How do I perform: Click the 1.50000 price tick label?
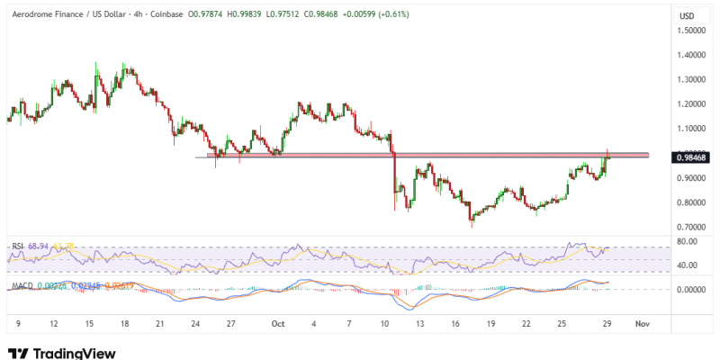point(692,30)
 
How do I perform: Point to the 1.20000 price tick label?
point(692,103)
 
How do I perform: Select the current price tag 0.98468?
point(691,157)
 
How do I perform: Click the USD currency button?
point(687,16)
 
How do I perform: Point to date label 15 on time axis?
point(90,321)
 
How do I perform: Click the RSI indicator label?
point(17,246)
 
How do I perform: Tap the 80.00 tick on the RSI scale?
point(688,241)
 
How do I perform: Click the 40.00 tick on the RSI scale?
point(688,265)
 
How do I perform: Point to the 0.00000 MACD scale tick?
point(692,290)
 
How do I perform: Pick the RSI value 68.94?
point(37,246)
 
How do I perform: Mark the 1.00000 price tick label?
point(692,153)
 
